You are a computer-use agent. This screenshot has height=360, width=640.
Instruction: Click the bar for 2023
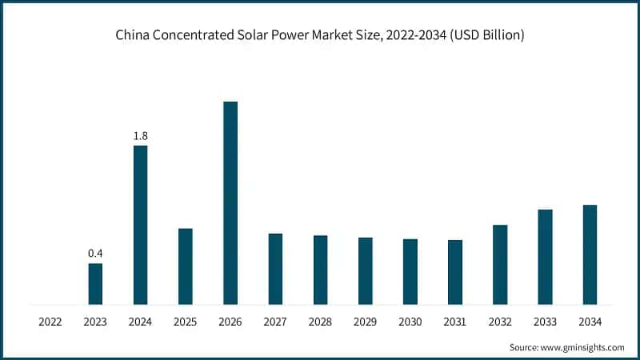(95, 284)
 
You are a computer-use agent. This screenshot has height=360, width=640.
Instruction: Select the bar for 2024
(140, 225)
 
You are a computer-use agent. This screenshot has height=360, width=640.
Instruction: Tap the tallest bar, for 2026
(230, 203)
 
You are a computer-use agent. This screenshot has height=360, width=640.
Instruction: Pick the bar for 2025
(185, 266)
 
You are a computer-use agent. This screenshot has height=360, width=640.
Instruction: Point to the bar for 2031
(455, 272)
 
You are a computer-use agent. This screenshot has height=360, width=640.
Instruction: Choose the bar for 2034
(590, 254)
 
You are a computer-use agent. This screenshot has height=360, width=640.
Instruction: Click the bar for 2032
(500, 265)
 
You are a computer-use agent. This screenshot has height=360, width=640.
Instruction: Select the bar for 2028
(320, 270)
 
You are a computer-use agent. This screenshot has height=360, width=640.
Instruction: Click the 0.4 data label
(95, 254)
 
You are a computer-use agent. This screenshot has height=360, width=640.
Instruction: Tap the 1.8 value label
(140, 136)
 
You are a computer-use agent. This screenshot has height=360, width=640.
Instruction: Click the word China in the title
(131, 36)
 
